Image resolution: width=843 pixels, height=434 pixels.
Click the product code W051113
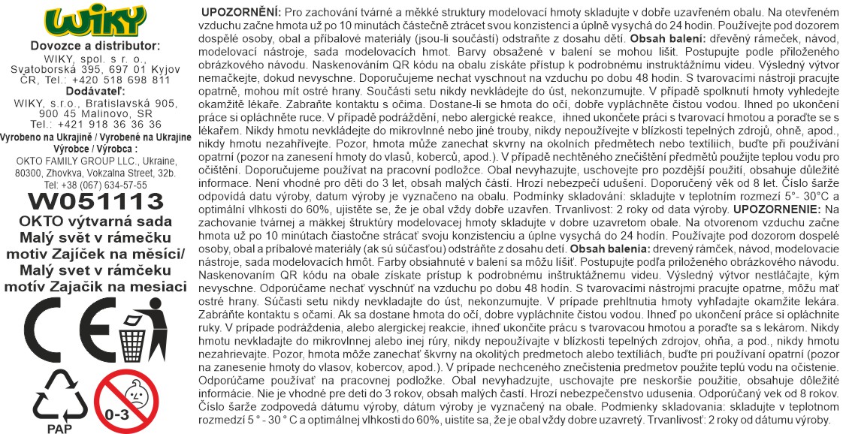coord(95,200)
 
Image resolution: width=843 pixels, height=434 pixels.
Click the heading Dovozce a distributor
coord(95,46)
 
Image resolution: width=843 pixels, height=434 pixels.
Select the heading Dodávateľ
coord(95,91)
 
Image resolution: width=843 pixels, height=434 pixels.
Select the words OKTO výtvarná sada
coord(95,221)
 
